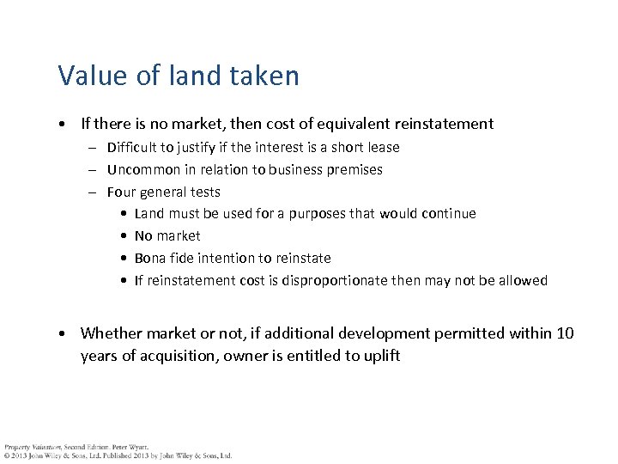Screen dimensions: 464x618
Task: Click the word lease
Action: [382, 147]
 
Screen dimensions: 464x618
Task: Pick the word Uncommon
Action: [142, 169]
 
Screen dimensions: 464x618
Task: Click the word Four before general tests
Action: [121, 192]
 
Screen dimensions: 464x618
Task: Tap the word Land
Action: [149, 213]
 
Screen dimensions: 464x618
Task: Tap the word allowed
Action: [522, 280]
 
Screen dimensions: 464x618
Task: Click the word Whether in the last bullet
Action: [112, 333]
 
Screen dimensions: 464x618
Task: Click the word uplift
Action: [379, 355]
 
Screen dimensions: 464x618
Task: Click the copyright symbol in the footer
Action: [7, 455]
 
